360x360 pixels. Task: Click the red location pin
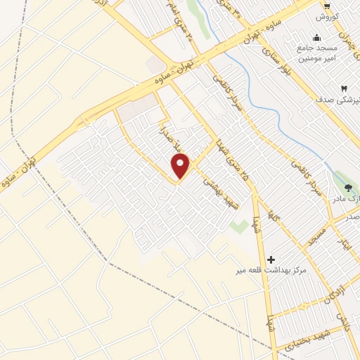click(x=181, y=165)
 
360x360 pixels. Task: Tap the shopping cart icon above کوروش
click(x=326, y=5)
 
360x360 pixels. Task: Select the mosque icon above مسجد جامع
click(x=317, y=38)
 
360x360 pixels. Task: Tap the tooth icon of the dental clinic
click(x=344, y=88)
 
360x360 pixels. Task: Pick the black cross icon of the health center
click(x=271, y=259)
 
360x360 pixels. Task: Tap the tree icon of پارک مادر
click(x=349, y=187)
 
